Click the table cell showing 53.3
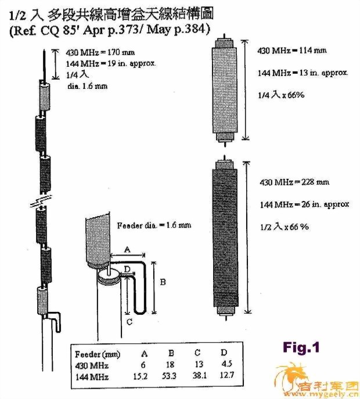169,376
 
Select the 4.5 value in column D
226,364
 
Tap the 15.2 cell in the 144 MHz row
141,376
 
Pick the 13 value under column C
199,364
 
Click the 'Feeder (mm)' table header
98,354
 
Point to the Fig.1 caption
301,347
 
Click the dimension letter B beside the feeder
163,282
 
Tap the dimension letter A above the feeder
127,249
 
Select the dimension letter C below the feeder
129,322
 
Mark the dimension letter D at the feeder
127,269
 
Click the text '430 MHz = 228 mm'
294,182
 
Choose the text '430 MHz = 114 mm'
292,51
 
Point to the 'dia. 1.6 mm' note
88,87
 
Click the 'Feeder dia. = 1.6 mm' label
154,225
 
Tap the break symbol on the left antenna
41,201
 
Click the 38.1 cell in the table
199,376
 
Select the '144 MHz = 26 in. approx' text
304,204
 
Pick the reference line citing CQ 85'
110,30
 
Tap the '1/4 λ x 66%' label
281,95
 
